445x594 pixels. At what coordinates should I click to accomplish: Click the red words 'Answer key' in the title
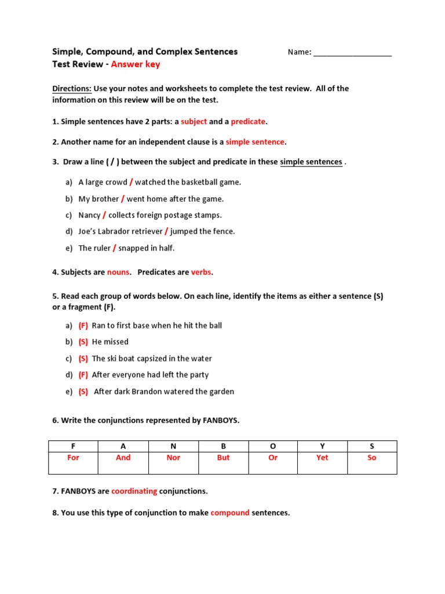[135, 64]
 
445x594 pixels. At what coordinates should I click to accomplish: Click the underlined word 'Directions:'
[72, 89]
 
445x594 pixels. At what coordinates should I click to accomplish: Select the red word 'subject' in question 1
[194, 122]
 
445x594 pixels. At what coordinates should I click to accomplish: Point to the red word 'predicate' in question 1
[248, 122]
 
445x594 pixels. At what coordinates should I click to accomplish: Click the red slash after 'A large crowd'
[131, 182]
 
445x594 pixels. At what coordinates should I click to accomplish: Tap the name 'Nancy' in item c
[89, 215]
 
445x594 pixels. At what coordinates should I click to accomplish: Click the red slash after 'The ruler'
[114, 248]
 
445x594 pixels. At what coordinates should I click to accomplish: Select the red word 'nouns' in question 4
[118, 272]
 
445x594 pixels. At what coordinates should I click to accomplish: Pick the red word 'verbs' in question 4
[202, 272]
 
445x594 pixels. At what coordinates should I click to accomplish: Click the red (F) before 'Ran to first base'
[83, 325]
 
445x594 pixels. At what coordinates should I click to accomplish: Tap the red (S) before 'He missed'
[83, 342]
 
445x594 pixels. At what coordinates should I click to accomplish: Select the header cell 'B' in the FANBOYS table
[223, 446]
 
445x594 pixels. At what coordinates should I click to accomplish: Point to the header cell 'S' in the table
[372, 446]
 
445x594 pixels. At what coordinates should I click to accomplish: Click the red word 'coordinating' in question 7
[134, 491]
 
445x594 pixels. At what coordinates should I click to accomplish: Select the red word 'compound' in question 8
[230, 513]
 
